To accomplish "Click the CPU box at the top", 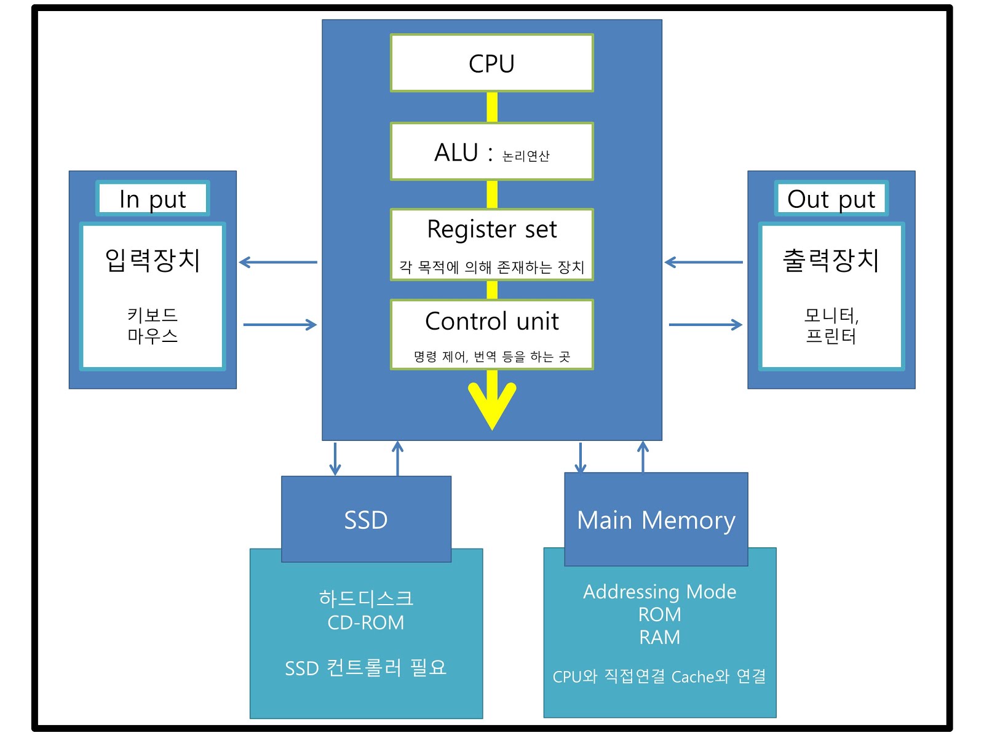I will click(491, 63).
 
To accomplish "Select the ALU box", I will click(491, 152).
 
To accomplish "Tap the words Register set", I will click(491, 229).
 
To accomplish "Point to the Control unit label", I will click(491, 322).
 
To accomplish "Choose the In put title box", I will click(153, 199).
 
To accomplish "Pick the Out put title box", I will click(831, 199).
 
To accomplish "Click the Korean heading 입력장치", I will click(153, 260).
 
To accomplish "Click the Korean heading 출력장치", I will click(831, 260).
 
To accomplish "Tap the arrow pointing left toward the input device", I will click(278, 263).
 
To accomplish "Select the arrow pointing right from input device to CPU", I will click(280, 325).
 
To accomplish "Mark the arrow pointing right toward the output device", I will click(705, 325).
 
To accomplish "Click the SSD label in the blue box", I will click(366, 520).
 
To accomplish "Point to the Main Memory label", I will click(656, 520).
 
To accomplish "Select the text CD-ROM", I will click(366, 623).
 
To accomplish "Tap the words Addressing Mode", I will click(659, 592).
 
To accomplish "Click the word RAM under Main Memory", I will click(659, 638).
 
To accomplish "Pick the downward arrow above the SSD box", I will click(335, 459).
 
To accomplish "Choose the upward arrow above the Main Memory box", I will click(643, 457).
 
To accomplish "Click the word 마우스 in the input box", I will click(153, 336).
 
